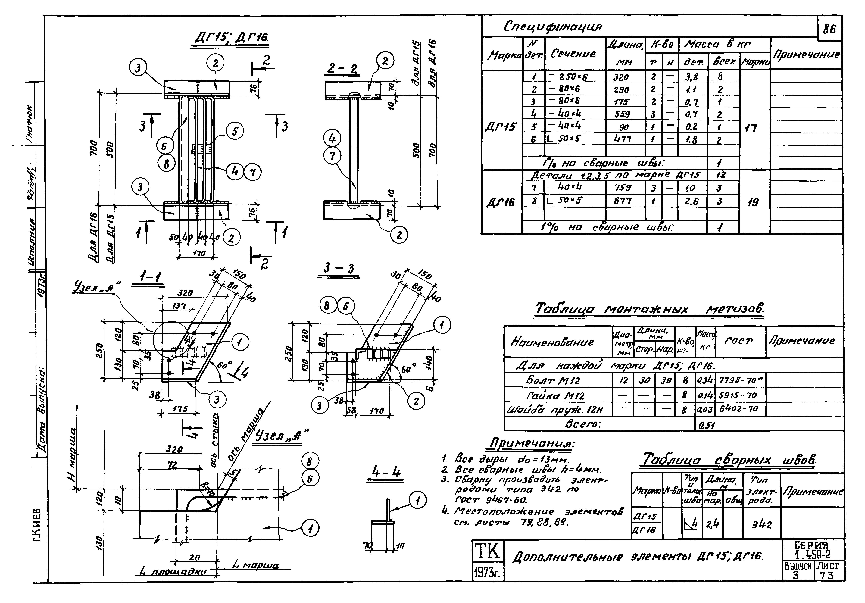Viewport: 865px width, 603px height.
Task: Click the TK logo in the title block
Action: [488, 551]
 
